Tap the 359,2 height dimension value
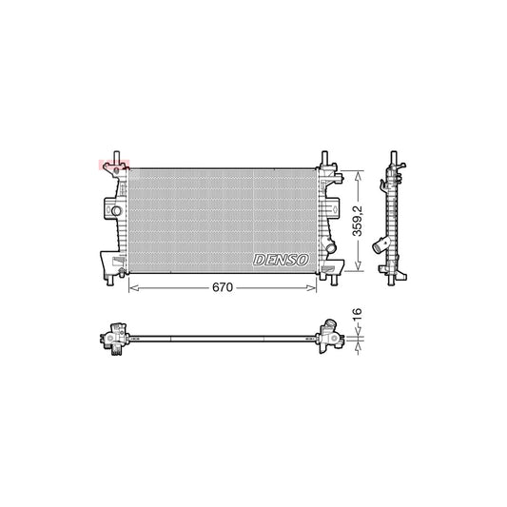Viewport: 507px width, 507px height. [358, 221]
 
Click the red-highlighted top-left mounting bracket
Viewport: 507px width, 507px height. [112, 166]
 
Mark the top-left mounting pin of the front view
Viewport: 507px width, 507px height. [114, 155]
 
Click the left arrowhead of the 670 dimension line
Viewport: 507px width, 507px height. [131, 285]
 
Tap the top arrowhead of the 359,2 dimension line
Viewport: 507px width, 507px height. [358, 174]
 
